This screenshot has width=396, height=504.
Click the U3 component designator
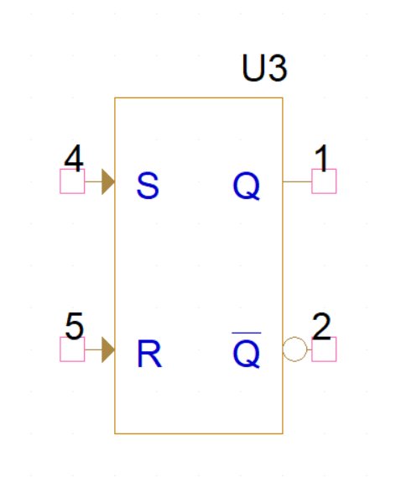point(264,68)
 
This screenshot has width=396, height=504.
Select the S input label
point(148,186)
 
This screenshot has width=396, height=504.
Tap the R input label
point(149,354)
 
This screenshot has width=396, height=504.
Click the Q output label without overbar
point(247,186)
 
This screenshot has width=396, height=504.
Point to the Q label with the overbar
point(247,350)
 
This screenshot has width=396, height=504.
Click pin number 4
point(74,158)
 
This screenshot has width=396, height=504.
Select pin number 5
point(74,326)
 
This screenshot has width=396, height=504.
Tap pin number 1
point(321,158)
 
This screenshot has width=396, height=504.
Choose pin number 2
point(321,326)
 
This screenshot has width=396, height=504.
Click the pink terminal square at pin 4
point(72,181)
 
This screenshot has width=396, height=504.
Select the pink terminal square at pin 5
point(72,349)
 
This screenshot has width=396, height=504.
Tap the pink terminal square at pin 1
point(324,181)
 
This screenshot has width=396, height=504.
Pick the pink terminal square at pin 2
point(324,349)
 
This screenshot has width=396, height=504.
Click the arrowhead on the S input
point(108,181)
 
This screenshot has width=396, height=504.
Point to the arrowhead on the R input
point(108,349)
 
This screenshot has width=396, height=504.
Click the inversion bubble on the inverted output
point(294,338)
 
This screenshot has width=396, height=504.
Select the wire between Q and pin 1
point(297,181)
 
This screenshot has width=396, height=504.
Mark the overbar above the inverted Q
point(247,333)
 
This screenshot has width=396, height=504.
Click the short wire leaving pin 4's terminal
point(93,181)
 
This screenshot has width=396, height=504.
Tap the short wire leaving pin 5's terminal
point(93,349)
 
